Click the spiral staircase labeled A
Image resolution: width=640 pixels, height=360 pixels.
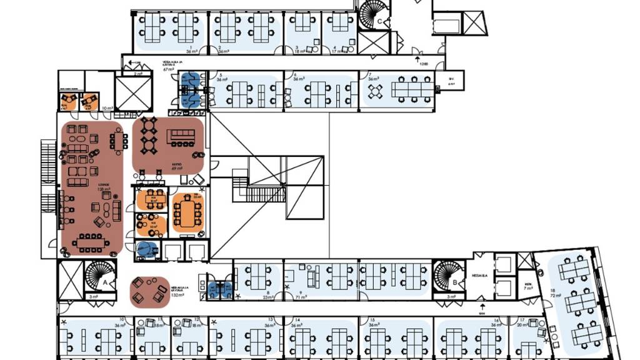click(x=98, y=274)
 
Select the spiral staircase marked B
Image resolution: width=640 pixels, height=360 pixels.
click(x=448, y=274)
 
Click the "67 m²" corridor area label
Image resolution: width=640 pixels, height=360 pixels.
click(x=169, y=69)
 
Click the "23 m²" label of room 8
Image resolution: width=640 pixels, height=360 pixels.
click(x=269, y=297)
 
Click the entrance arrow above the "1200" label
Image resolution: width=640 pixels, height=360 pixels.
click(x=417, y=59)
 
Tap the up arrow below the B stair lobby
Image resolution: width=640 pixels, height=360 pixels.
click(x=482, y=308)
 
